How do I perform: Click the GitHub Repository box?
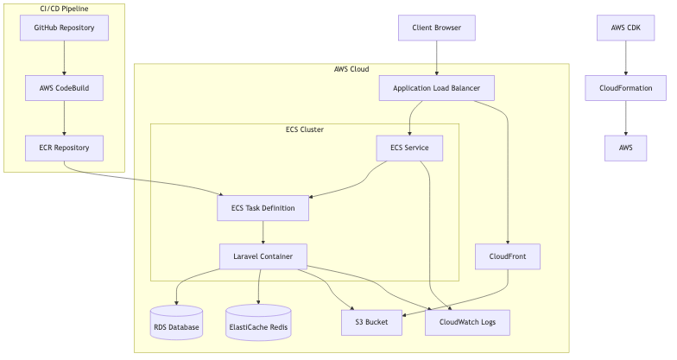click(64, 28)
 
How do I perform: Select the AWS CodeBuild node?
click(64, 87)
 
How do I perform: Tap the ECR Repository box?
click(64, 148)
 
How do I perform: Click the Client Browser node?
click(436, 28)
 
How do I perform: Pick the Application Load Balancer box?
click(436, 88)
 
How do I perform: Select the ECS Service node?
click(409, 148)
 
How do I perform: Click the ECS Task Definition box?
click(263, 208)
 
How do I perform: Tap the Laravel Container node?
click(263, 256)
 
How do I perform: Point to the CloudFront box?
click(508, 256)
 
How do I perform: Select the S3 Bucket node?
click(371, 322)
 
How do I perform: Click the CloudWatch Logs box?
click(467, 322)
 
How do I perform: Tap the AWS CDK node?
click(625, 28)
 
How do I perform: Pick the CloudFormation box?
click(625, 88)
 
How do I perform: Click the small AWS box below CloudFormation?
click(625, 148)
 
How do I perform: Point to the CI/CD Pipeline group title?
click(64, 9)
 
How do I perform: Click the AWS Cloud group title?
click(351, 69)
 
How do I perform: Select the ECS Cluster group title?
click(304, 129)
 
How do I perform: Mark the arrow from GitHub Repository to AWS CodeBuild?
click(64, 58)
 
